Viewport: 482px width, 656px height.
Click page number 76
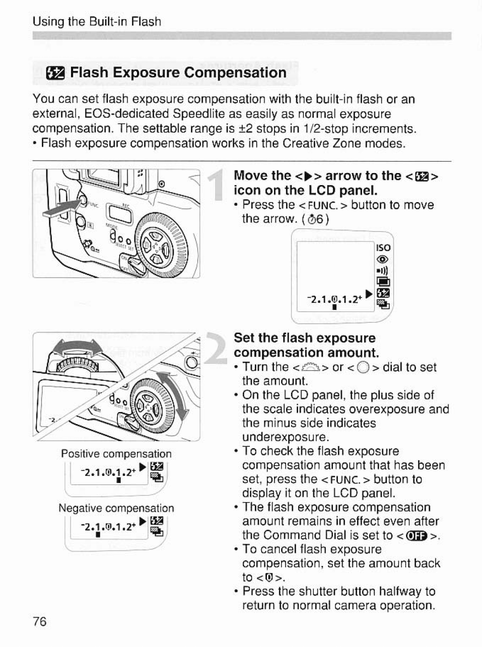pos(39,622)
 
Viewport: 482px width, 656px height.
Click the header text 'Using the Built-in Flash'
pos(96,22)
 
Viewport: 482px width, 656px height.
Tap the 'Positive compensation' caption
pos(116,454)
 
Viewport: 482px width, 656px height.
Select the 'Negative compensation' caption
pos(116,508)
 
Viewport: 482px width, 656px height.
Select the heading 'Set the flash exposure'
pos(304,338)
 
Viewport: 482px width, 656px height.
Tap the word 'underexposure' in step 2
pos(286,437)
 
